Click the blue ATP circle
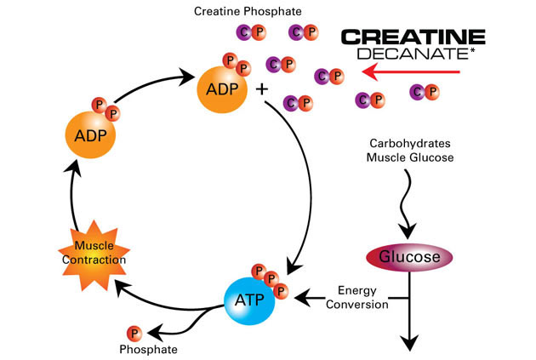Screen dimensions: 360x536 tap(249, 300)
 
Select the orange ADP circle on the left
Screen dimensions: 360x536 tap(90, 134)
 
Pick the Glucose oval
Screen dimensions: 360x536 tap(408, 256)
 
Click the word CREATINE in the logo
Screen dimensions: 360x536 tap(413, 37)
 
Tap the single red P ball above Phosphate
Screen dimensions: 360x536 tap(134, 332)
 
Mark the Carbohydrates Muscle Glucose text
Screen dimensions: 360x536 tap(409, 150)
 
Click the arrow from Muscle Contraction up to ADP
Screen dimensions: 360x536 tap(75, 196)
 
